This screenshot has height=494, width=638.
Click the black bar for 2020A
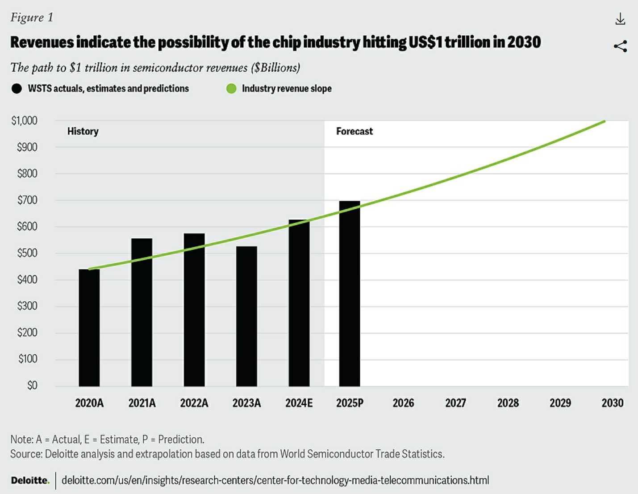(89, 328)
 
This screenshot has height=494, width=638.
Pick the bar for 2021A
(142, 312)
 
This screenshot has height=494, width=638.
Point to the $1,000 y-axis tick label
(25, 120)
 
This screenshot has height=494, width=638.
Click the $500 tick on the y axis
(27, 253)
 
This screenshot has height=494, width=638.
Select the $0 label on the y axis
(32, 385)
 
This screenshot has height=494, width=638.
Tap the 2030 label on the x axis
(612, 403)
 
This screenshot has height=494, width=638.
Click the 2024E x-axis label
(299, 403)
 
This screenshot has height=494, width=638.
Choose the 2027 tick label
(455, 403)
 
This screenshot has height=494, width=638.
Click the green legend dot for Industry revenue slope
(231, 88)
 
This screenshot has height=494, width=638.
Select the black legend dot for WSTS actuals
(17, 88)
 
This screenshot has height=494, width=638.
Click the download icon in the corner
(620, 19)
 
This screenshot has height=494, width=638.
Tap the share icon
(620, 46)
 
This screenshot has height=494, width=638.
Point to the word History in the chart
(83, 131)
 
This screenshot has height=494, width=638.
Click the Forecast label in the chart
(354, 131)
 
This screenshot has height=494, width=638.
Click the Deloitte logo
(30, 480)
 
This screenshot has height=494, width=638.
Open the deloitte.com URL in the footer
(275, 480)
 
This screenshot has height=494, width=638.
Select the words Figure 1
(32, 17)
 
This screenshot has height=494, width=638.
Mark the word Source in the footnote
(26, 454)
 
